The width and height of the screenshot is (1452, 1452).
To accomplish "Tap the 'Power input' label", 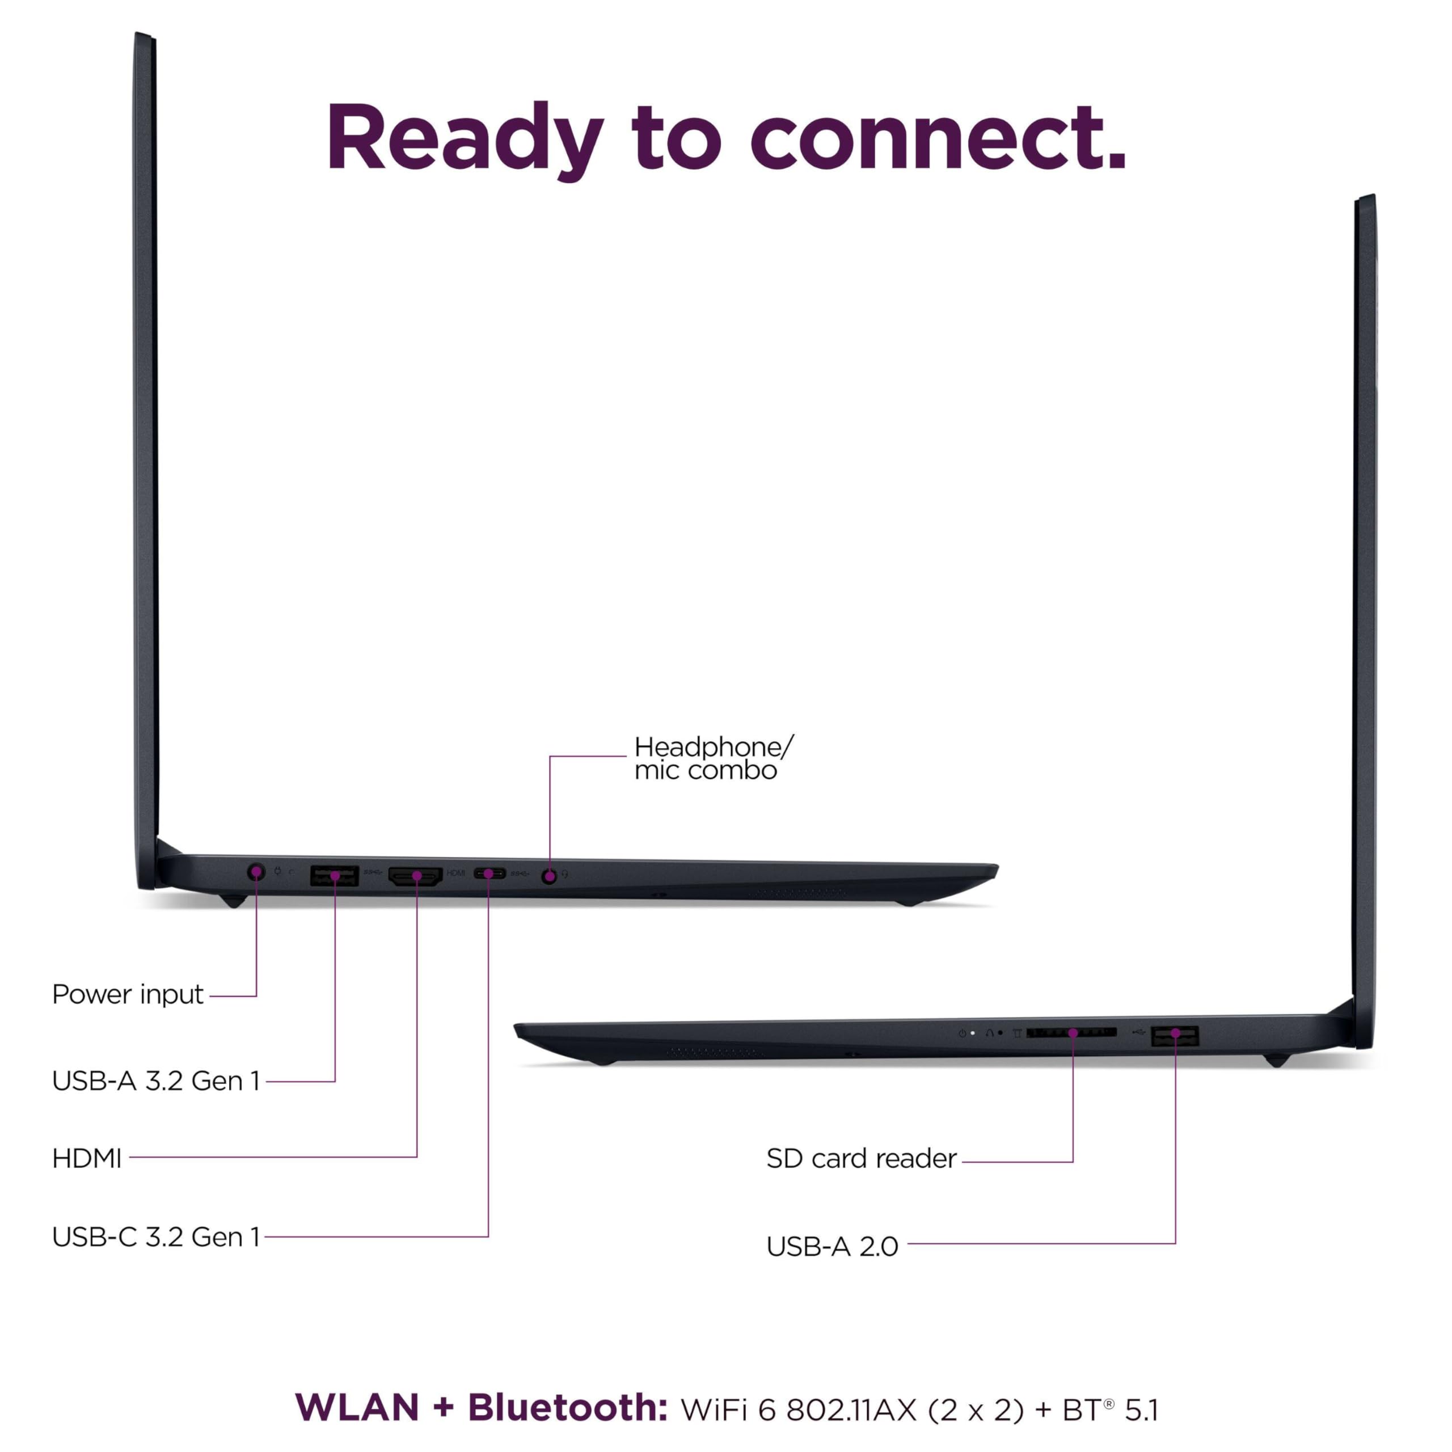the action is coord(127,994).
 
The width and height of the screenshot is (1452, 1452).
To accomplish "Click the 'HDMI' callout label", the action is coord(86,1158).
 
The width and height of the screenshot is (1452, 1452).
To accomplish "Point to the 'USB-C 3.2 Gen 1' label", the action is coord(155,1236).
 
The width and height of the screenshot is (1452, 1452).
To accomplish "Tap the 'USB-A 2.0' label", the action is coord(832,1246).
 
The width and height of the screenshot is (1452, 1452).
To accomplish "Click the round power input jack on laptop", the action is coord(256,872).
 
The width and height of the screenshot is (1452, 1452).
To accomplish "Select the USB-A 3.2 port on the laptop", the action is coord(334,876).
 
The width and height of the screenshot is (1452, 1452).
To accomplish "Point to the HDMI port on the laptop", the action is coord(415,876).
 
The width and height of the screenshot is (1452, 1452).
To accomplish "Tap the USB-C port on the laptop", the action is coord(489,873).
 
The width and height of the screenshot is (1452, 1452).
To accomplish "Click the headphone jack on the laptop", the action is coord(550,876).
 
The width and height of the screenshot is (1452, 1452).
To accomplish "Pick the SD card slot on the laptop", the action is coord(1071,1033).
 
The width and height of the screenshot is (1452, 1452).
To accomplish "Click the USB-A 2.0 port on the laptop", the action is coord(1174,1036).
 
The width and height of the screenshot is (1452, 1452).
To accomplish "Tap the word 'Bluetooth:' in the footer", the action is coord(567,1408).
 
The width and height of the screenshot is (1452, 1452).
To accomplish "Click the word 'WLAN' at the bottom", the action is coord(357,1408).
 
